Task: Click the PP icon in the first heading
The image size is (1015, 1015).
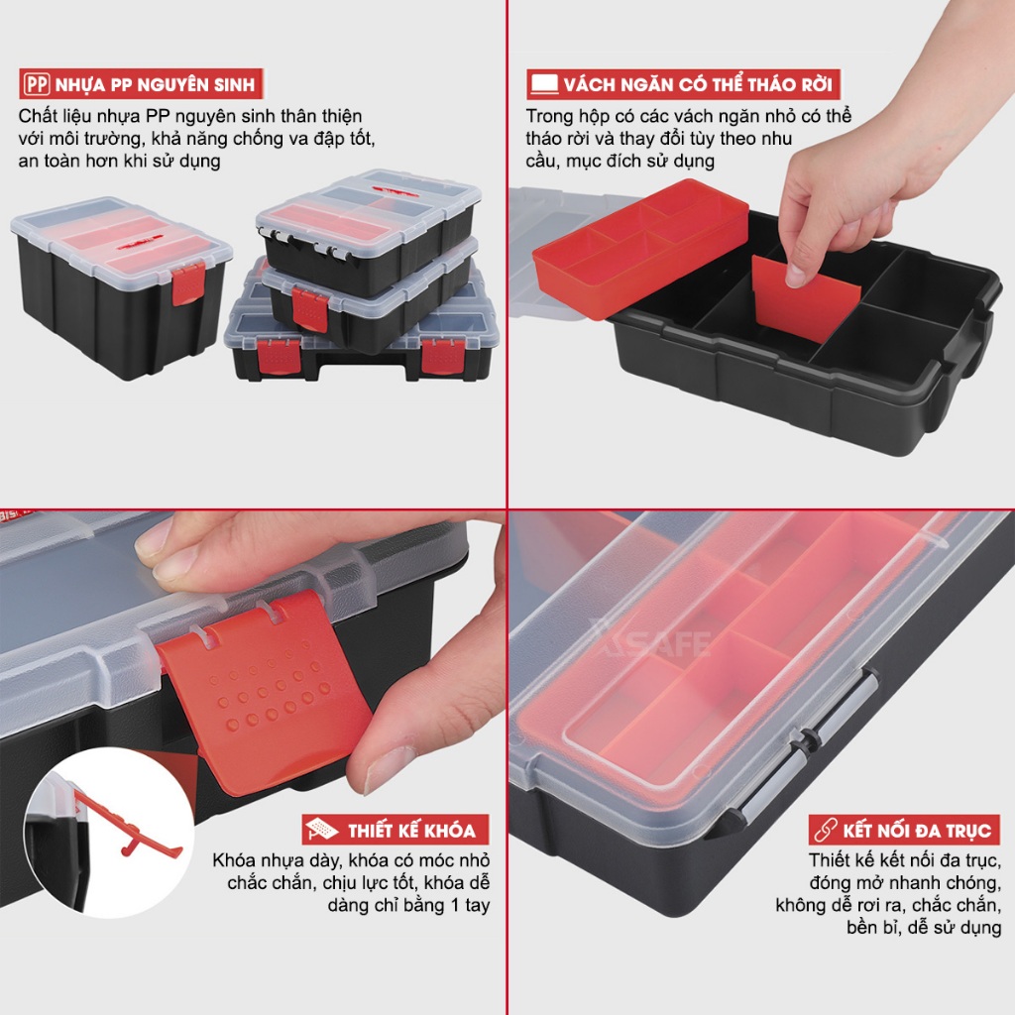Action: pyautogui.click(x=37, y=84)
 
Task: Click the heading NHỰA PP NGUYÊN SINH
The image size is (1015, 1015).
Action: pyautogui.click(x=155, y=85)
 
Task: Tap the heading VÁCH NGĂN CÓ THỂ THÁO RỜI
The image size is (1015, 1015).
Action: pyautogui.click(x=697, y=85)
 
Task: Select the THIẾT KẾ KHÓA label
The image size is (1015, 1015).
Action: pyautogui.click(x=411, y=831)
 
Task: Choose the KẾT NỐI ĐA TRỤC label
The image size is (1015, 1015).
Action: pyautogui.click(x=917, y=831)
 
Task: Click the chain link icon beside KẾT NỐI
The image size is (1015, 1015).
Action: pyautogui.click(x=826, y=830)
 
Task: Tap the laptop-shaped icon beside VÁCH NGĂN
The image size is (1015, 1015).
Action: pyautogui.click(x=544, y=84)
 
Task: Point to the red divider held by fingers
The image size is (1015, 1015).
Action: pyautogui.click(x=806, y=297)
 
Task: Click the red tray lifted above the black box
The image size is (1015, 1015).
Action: pyautogui.click(x=641, y=248)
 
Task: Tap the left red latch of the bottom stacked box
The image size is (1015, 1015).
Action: pyautogui.click(x=279, y=358)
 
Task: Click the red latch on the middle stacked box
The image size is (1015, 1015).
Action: pyautogui.click(x=310, y=309)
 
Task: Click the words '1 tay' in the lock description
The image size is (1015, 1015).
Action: pyautogui.click(x=470, y=905)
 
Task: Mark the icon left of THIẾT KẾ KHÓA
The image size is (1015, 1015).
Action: pyautogui.click(x=322, y=830)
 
